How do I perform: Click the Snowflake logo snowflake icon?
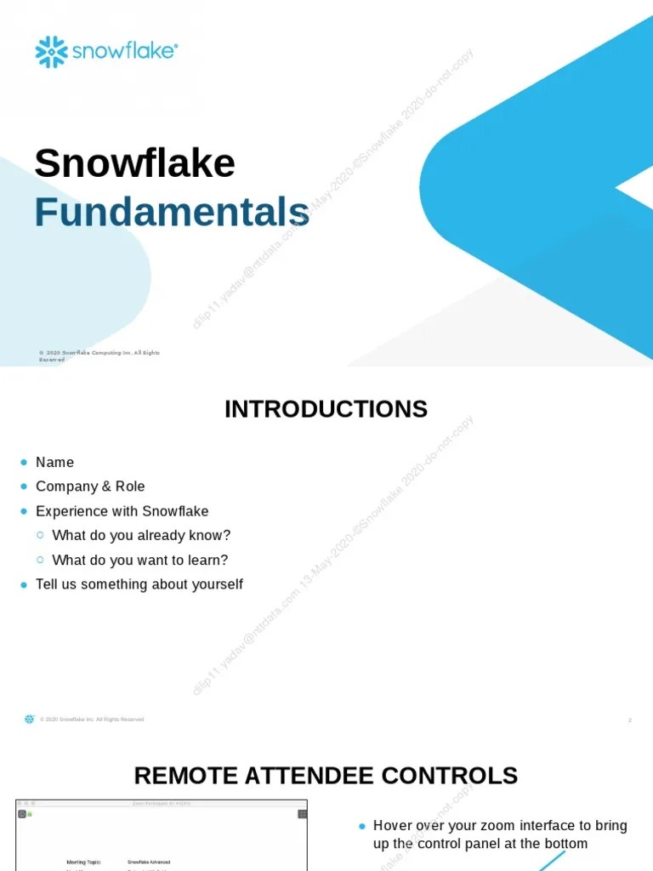pos(51,52)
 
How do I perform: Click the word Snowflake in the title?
pos(134,163)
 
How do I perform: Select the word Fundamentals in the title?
pos(172,212)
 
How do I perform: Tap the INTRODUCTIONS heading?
pos(326,409)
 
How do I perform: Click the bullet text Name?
pos(54,462)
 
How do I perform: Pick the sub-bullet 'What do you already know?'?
pos(141,536)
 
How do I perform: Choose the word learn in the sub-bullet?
pos(209,561)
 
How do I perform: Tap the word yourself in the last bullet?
pos(213,584)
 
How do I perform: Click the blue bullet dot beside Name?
pos(24,462)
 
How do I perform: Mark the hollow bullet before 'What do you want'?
pos(40,560)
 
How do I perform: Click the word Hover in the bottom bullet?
pos(392,825)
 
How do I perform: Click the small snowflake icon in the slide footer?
pos(30,719)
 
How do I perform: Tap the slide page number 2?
pos(629,720)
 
